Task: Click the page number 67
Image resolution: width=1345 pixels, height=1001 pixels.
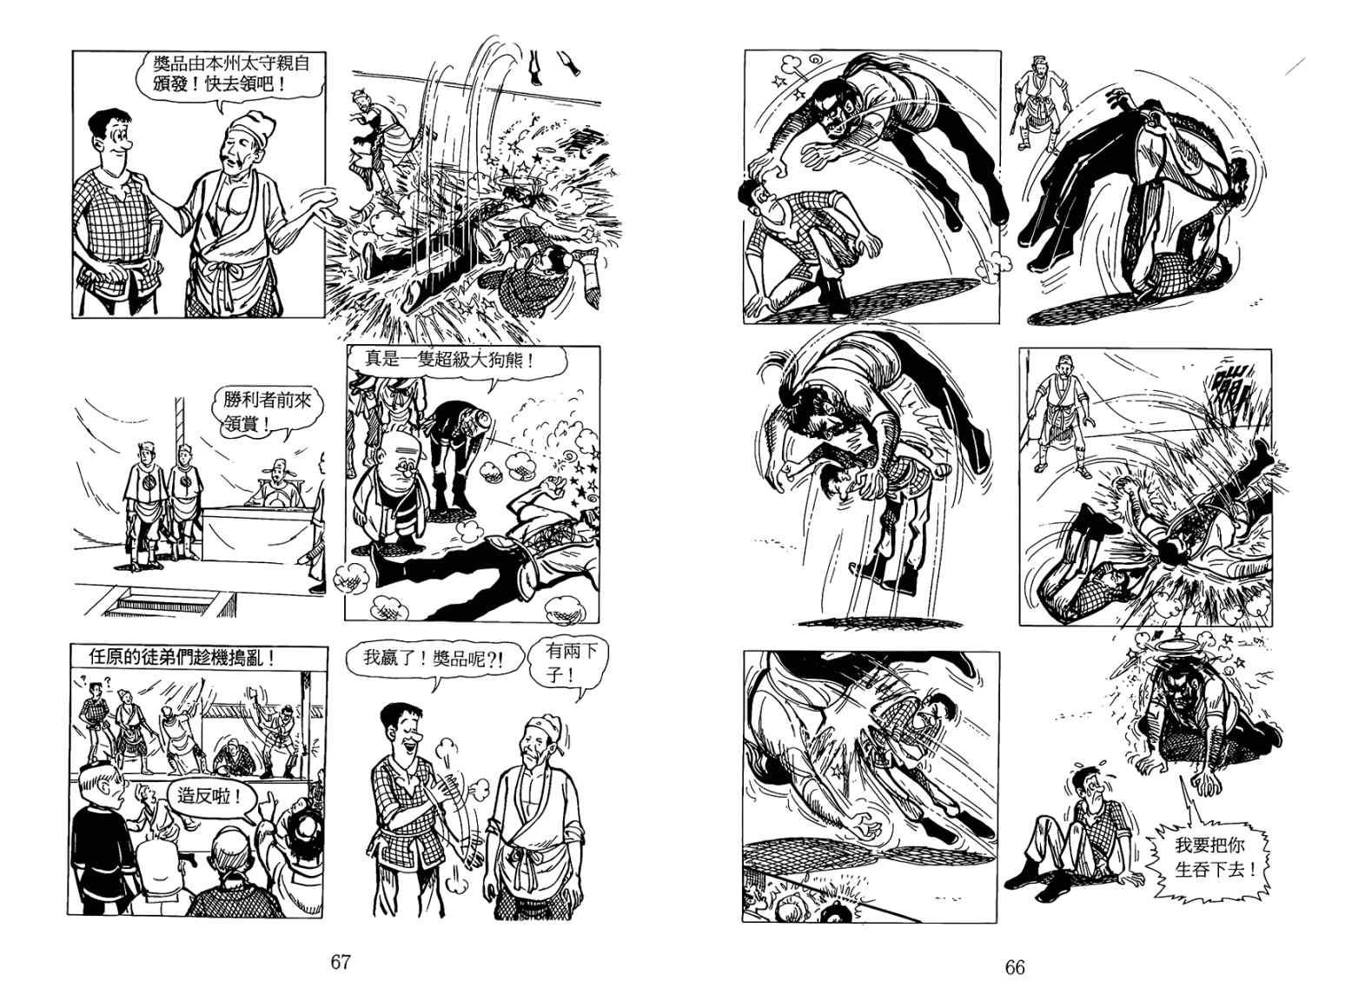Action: point(341,962)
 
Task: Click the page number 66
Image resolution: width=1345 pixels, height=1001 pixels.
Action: point(1015,966)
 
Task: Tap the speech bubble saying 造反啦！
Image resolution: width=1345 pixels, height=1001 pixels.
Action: point(208,796)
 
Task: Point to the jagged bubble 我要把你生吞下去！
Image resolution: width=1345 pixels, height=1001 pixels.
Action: point(1214,858)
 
